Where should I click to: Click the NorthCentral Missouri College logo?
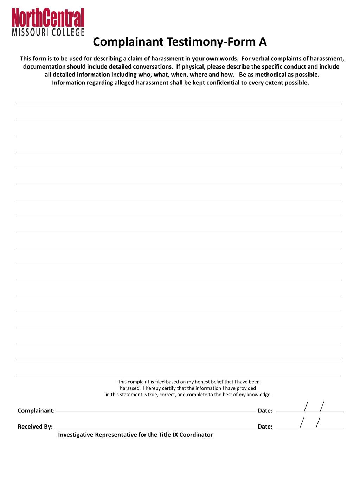(49, 22)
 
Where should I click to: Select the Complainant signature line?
(156, 411)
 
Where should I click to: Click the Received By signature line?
(156, 427)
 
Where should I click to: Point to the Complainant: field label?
(36, 411)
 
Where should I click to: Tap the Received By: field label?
(35, 427)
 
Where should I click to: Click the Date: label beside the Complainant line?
(265, 411)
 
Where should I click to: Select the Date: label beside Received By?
(265, 427)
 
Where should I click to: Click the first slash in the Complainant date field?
(306, 407)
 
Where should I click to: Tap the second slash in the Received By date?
(318, 423)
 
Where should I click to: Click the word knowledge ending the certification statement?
(259, 395)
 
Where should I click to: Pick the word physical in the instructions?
(194, 67)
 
